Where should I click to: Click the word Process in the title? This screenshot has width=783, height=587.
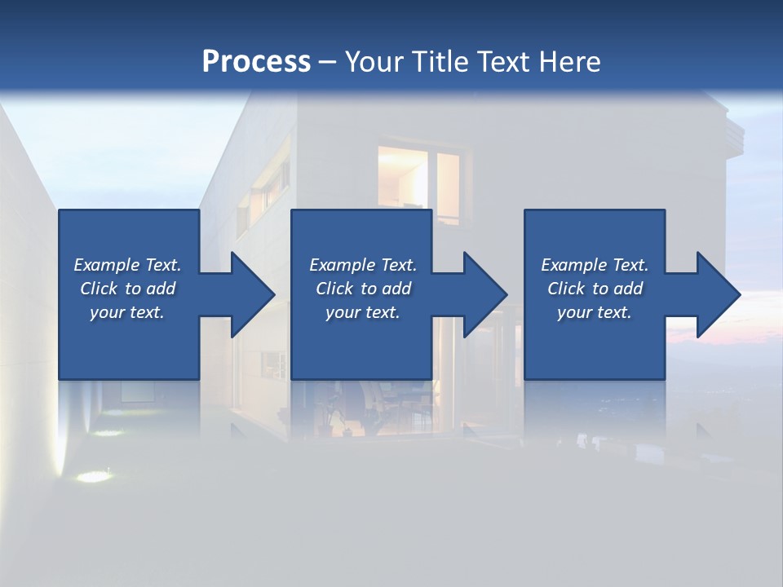256,62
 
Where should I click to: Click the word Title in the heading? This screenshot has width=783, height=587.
440,62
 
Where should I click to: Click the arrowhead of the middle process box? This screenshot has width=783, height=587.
484,294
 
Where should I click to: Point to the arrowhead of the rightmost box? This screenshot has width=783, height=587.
717,294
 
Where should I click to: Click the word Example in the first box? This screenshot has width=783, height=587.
107,265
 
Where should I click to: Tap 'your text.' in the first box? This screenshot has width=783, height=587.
127,312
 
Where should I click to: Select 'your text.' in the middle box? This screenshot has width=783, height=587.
362,312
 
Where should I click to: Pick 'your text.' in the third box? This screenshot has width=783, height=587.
595,312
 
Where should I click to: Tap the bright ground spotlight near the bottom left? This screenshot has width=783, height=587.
95,476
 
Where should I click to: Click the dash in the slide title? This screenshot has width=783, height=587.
327,62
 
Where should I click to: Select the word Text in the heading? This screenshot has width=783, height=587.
502,62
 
